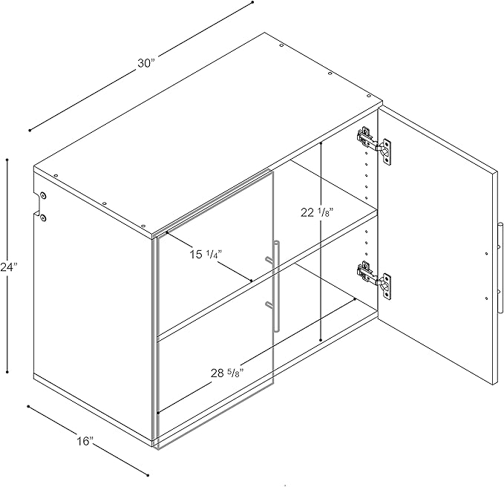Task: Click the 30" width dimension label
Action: pos(146,64)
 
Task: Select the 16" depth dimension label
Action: pos(85,441)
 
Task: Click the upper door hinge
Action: pos(373,145)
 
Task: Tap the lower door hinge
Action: pos(373,280)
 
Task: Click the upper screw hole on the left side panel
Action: pos(43,195)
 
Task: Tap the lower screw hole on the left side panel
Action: pos(43,218)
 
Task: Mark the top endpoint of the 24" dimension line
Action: pos(7,160)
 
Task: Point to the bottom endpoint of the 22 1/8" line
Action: pos(321,340)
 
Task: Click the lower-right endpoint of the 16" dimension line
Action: pos(148,475)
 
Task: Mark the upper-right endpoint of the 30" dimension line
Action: pos(252,2)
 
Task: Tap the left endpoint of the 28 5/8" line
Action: pos(158,413)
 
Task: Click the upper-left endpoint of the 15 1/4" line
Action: pos(167,232)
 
